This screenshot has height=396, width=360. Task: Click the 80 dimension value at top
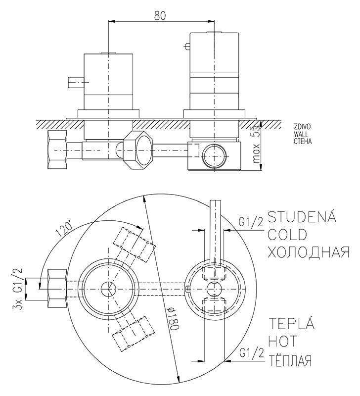tap(159, 15)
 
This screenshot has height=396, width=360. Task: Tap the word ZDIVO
tap(302, 127)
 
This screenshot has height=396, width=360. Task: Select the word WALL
tap(301, 133)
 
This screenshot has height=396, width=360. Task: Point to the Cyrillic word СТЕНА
tap(302, 140)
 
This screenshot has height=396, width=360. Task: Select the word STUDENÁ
tap(302, 217)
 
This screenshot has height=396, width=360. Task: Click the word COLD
tap(287, 234)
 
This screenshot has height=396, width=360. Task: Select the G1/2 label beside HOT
tap(250, 354)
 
